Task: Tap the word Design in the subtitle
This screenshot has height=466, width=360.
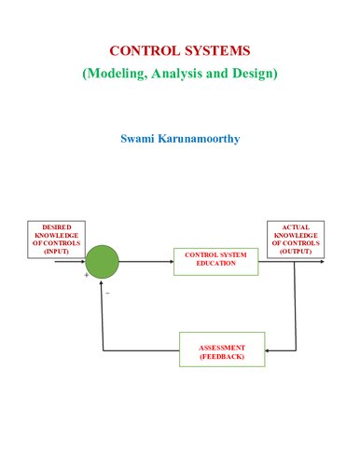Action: [x=255, y=72]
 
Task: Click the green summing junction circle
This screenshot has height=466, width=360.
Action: [x=102, y=261]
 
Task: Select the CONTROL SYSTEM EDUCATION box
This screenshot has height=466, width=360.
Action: [x=215, y=261]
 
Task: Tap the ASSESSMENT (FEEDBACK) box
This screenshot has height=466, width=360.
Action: [x=222, y=349]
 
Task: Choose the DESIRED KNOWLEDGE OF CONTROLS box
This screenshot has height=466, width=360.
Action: [x=56, y=239]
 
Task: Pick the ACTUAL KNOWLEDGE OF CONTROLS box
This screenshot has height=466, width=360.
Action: [x=295, y=239]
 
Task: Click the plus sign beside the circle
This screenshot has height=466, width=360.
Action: [x=86, y=276]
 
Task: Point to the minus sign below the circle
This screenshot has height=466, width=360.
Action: [x=107, y=293]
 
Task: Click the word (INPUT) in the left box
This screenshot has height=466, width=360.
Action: [x=56, y=252]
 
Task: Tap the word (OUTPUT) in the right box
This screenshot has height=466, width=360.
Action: [x=295, y=252]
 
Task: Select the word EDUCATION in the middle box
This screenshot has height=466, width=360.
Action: [x=215, y=266]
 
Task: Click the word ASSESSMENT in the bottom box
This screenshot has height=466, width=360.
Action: [x=222, y=345]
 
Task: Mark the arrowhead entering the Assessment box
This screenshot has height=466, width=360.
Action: [x=269, y=350]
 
